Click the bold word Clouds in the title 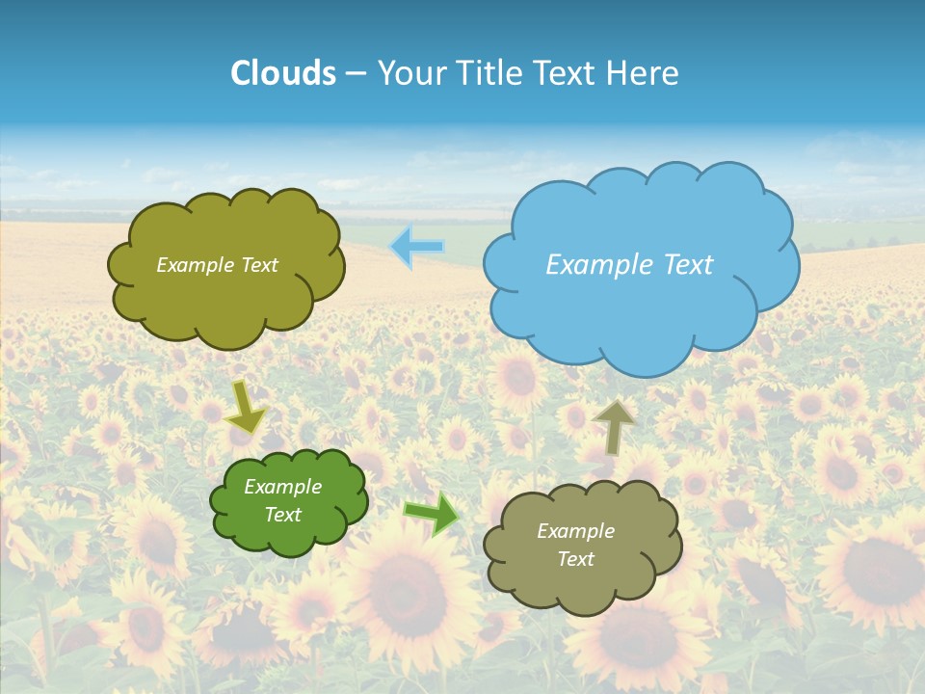coord(283,73)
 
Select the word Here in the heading coord(645,73)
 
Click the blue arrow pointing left coord(417,248)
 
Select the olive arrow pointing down coord(247,407)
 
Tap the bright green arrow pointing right coord(432,515)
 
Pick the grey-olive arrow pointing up coord(613,426)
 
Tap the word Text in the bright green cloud coord(283,515)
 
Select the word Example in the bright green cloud coord(283,487)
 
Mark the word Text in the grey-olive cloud coord(576,559)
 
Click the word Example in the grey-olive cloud coord(576,531)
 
